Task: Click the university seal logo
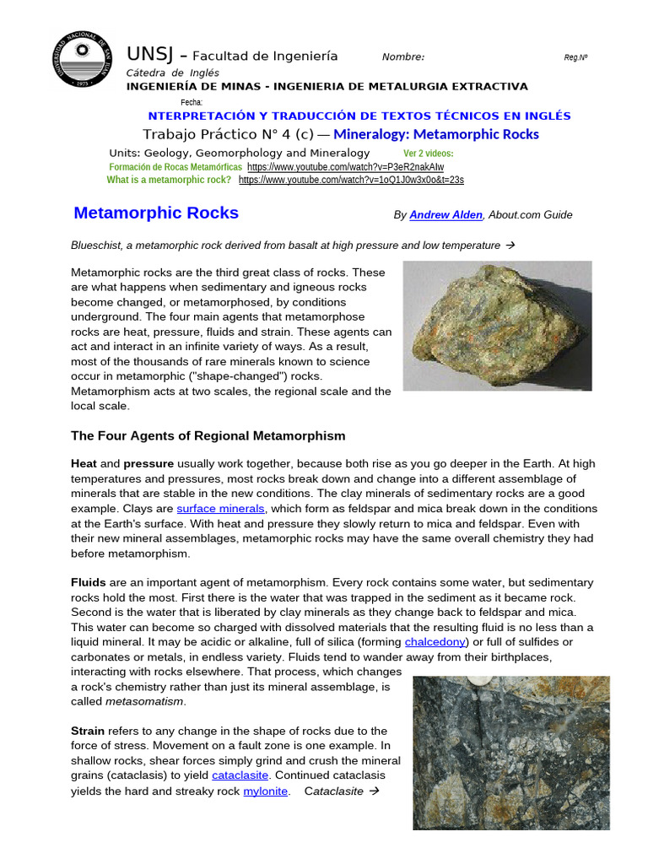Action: [x=83, y=61]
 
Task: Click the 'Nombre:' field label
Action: [x=403, y=57]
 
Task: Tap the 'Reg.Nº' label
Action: [x=575, y=57]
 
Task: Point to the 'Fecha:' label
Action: [x=192, y=102]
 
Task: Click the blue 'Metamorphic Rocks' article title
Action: [x=156, y=213]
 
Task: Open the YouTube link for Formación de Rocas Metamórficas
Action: [x=345, y=167]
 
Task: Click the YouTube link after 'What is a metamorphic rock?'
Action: [x=351, y=180]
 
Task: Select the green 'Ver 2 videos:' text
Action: [x=429, y=154]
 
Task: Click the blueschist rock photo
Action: [x=497, y=325]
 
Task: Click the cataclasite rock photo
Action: [x=510, y=753]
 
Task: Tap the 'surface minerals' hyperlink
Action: [x=221, y=509]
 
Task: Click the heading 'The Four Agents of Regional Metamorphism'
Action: [x=208, y=435]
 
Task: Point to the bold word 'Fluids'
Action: [x=89, y=582]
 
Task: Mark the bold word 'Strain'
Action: [x=89, y=731]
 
